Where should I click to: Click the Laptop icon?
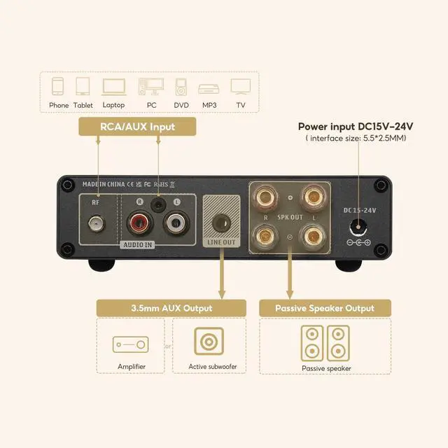point(113,87)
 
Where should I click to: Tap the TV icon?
point(241,87)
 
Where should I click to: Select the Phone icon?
point(59,87)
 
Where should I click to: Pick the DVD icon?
point(181,87)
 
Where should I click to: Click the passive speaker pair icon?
point(326,342)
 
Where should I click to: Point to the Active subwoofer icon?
point(208,342)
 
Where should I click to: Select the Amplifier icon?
point(131,344)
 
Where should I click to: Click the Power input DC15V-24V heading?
point(356,126)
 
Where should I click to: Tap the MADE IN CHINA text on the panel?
point(104,184)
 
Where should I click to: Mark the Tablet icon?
point(83,87)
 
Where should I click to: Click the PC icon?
point(151,87)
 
